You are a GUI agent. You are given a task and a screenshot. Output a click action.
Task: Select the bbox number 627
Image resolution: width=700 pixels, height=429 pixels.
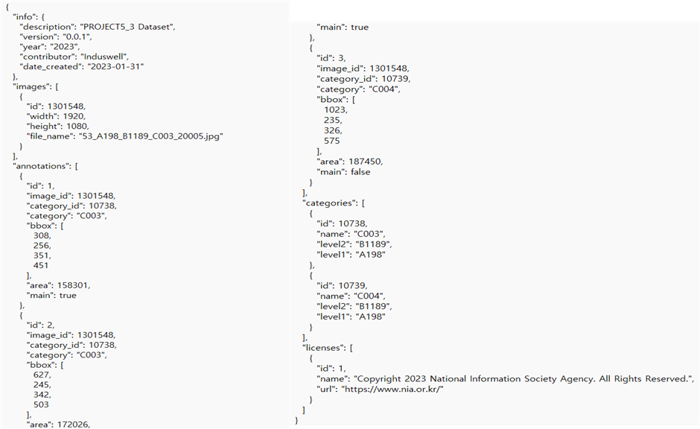point(42,375)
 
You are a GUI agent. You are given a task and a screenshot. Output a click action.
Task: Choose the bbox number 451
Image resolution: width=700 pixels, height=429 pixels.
point(42,264)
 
